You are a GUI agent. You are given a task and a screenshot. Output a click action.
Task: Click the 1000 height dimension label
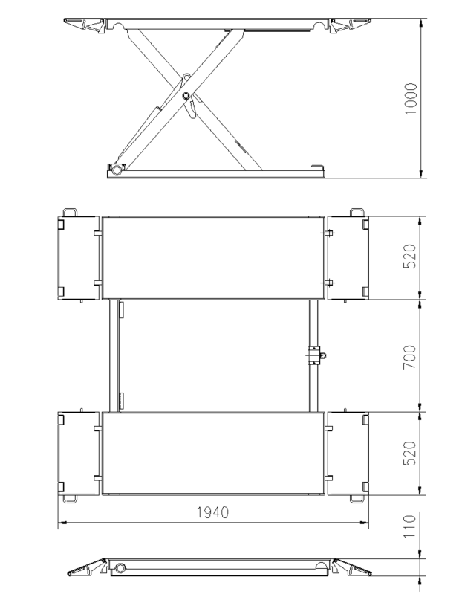tap(411, 98)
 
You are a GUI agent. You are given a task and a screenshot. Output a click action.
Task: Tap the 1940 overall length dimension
tap(212, 512)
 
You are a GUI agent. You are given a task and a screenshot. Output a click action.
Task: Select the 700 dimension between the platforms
tap(409, 357)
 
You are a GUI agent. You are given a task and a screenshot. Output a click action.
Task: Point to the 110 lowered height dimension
tap(409, 526)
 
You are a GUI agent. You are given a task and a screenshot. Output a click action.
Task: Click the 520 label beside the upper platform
tap(409, 256)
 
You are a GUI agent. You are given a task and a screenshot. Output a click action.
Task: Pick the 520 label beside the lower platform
tap(409, 453)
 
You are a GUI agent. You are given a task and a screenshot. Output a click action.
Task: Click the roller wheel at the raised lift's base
tap(117, 169)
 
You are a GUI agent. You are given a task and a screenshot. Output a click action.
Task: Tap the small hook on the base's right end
tap(318, 167)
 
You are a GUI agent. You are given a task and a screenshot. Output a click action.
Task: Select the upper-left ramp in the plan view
tap(79, 258)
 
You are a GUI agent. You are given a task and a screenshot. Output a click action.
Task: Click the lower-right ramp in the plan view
tap(348, 454)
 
